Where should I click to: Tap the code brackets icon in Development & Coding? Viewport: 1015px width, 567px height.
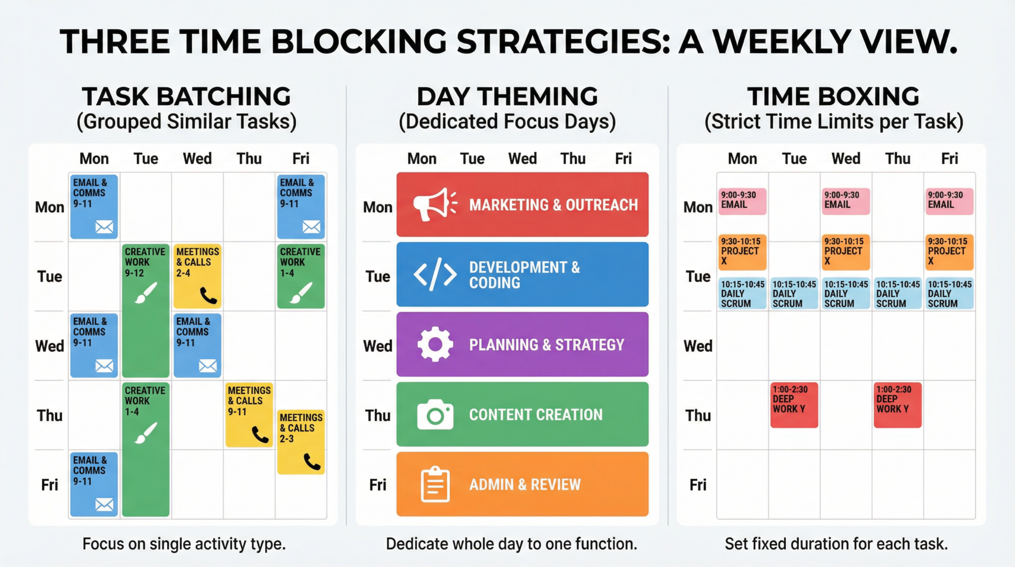pyautogui.click(x=435, y=274)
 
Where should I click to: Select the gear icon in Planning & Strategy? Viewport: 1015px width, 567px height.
pyautogui.click(x=435, y=344)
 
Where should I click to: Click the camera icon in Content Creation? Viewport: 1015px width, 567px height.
pyautogui.click(x=435, y=414)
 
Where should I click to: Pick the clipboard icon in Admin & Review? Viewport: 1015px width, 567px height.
pyautogui.click(x=435, y=484)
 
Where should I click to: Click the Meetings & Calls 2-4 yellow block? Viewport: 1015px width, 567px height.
pyautogui.click(x=197, y=276)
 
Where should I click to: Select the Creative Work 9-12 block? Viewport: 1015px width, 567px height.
pyautogui.click(x=146, y=310)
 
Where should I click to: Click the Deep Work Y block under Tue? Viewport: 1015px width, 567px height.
pyautogui.click(x=794, y=405)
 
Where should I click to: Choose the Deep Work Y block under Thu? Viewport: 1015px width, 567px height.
pyautogui.click(x=898, y=405)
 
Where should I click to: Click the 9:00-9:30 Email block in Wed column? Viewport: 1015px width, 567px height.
pyautogui.click(x=846, y=201)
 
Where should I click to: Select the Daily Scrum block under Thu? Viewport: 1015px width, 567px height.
pyautogui.click(x=898, y=294)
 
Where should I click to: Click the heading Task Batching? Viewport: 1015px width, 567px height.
pyautogui.click(x=186, y=97)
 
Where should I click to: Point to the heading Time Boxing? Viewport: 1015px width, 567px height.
pyautogui.click(x=834, y=97)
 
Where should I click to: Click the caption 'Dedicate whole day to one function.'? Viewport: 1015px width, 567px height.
pyautogui.click(x=511, y=544)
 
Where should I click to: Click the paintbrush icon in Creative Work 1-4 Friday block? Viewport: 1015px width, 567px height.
pyautogui.click(x=301, y=292)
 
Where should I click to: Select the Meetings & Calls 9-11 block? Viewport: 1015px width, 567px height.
pyautogui.click(x=249, y=415)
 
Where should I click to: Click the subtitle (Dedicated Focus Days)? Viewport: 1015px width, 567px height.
pyautogui.click(x=507, y=122)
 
